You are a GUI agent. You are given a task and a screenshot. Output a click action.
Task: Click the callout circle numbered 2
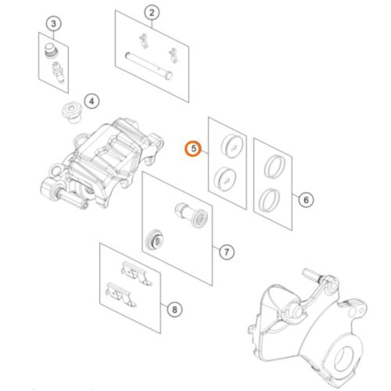pyautogui.click(x=152, y=13)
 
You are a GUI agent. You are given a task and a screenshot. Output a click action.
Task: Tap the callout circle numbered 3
pyautogui.click(x=54, y=23)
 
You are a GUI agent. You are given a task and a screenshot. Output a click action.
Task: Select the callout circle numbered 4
pyautogui.click(x=91, y=101)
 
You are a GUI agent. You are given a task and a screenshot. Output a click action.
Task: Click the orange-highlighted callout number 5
pyautogui.click(x=193, y=149)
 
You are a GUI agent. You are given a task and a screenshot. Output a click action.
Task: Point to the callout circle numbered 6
pyautogui.click(x=306, y=200)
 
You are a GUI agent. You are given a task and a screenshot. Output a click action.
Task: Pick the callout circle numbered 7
pyautogui.click(x=227, y=252)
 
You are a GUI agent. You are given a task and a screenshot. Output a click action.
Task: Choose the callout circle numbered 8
pyautogui.click(x=174, y=310)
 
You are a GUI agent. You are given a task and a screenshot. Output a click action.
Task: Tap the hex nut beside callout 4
pyautogui.click(x=71, y=113)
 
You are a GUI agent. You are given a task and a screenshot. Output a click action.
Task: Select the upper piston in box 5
pyautogui.click(x=232, y=145)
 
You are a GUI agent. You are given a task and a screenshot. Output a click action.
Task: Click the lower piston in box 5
pyautogui.click(x=225, y=178)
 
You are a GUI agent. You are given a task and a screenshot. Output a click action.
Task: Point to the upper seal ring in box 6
pyautogui.click(x=274, y=167)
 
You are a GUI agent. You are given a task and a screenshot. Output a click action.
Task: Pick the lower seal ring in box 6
pyautogui.click(x=270, y=199)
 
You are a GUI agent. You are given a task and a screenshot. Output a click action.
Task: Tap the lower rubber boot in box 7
pyautogui.click(x=154, y=239)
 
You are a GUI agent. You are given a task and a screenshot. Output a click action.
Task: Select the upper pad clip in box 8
pyautogui.click(x=136, y=273)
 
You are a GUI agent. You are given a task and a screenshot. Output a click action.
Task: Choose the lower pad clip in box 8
pyautogui.click(x=120, y=294)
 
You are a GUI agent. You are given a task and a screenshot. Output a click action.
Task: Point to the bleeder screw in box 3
pyautogui.click(x=58, y=72)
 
